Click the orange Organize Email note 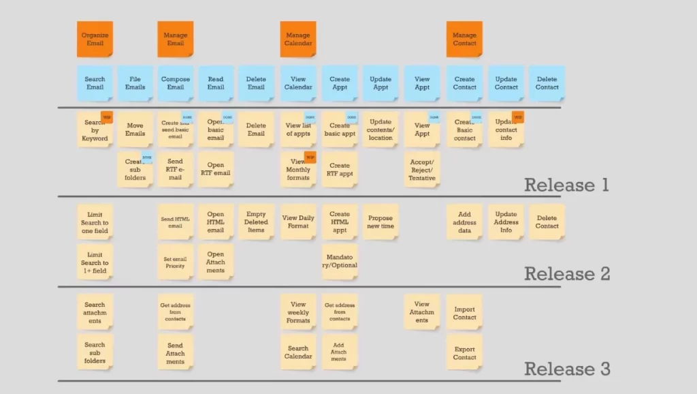[95, 39]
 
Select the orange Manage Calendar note [298, 39]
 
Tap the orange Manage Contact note [464, 39]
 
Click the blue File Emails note [135, 83]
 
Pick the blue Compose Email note [176, 83]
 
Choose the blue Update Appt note [380, 83]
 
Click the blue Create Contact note [464, 83]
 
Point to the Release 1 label [566, 185]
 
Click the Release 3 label [566, 369]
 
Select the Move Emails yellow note [135, 130]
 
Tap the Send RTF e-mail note [176, 170]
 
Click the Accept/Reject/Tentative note [422, 170]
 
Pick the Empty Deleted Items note [256, 222]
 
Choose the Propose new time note [380, 222]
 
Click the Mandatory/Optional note [340, 261]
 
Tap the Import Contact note [464, 313]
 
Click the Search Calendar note [298, 352]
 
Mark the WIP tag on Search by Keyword [106, 116]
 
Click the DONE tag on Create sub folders [147, 158]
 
